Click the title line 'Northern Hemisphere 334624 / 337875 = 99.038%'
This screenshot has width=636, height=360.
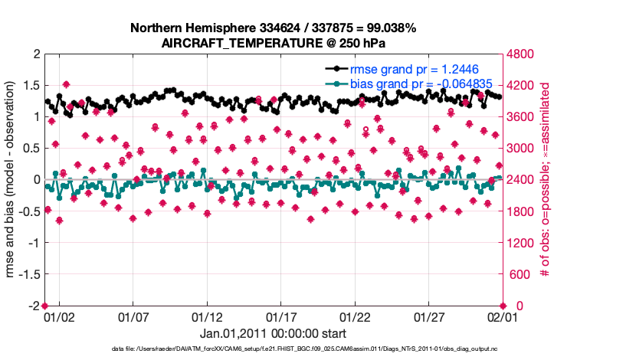coord(274,28)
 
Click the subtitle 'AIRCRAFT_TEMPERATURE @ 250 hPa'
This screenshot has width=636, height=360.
coord(274,43)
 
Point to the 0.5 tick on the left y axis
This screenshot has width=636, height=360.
coord(31,148)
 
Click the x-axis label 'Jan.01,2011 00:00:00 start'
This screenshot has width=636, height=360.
coord(274,333)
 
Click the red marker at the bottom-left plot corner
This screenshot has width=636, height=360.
coord(44,306)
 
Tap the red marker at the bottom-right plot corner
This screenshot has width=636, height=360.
coord(503,306)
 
